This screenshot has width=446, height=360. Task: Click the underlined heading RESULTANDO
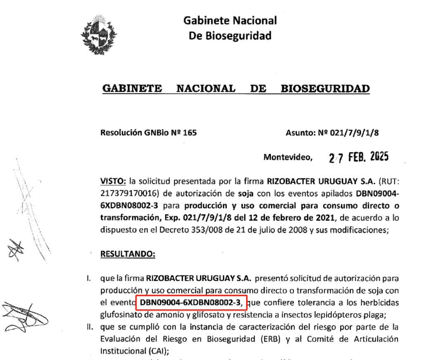click(128, 253)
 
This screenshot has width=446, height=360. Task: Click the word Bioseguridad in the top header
click(230, 36)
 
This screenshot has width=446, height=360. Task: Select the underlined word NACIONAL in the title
click(206, 88)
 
